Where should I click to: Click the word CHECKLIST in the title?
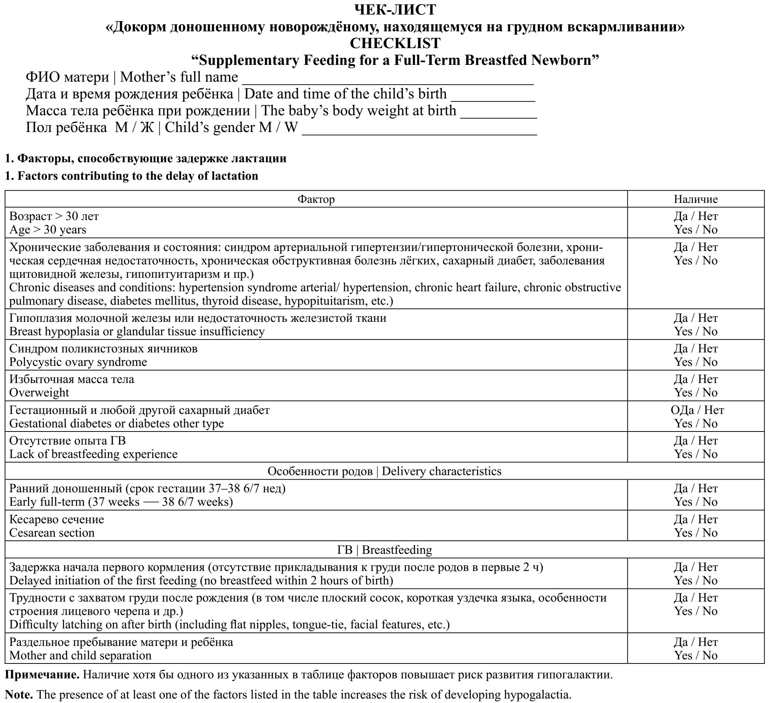[395, 43]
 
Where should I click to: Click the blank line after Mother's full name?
[387, 82]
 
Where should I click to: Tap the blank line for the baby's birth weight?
[499, 116]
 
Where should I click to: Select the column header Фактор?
[316, 199]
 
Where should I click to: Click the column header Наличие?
[696, 199]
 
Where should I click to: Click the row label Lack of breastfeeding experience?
[94, 454]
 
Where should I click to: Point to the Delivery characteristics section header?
[441, 471]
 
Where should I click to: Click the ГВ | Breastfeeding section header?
[384, 550]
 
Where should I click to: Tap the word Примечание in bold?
[42, 675]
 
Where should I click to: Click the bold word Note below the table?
[18, 694]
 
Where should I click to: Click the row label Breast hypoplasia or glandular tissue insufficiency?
[136, 331]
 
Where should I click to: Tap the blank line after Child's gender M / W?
[419, 132]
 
